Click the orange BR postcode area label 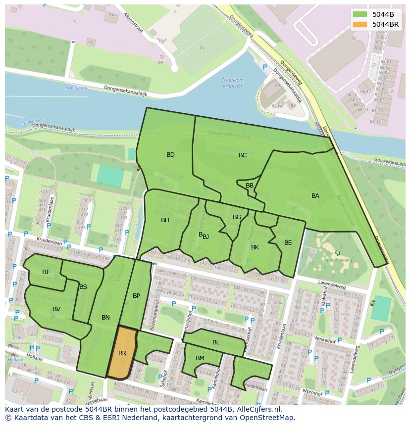122,353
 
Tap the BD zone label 170,155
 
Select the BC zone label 243,155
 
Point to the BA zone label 315,196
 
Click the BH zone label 165,220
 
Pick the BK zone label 255,247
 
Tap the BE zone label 288,242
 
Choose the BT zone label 46,272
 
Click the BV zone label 56,309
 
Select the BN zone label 105,318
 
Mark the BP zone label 137,296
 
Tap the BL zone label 216,342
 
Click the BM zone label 200,358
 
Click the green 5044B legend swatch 360,14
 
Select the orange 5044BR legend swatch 360,24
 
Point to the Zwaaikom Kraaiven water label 232,83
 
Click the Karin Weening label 337,260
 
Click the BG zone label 237,217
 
